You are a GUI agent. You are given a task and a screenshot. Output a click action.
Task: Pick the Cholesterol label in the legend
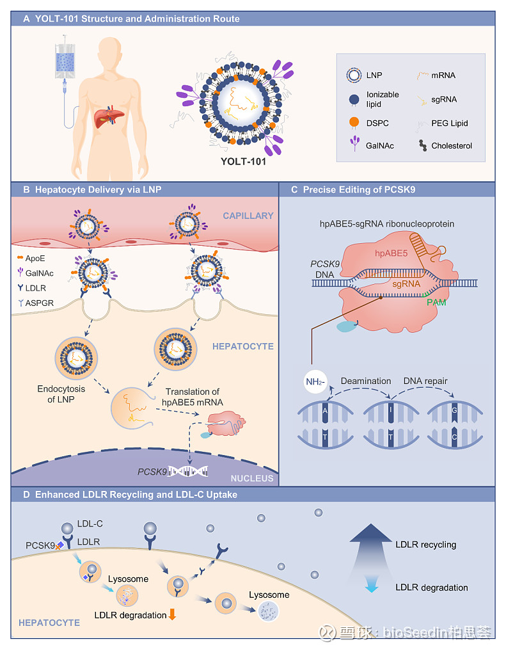pos(452,146)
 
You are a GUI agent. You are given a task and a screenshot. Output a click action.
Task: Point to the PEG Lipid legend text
pos(450,123)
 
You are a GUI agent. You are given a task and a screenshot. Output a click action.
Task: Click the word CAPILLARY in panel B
pos(248,216)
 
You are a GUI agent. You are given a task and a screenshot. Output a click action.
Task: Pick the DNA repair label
pos(425,380)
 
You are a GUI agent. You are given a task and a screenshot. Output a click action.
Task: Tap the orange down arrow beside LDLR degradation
pos(171,615)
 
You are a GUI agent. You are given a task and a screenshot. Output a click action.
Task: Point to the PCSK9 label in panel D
pos(40,546)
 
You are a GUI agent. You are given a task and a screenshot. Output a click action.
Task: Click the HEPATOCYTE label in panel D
pos(49,622)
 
